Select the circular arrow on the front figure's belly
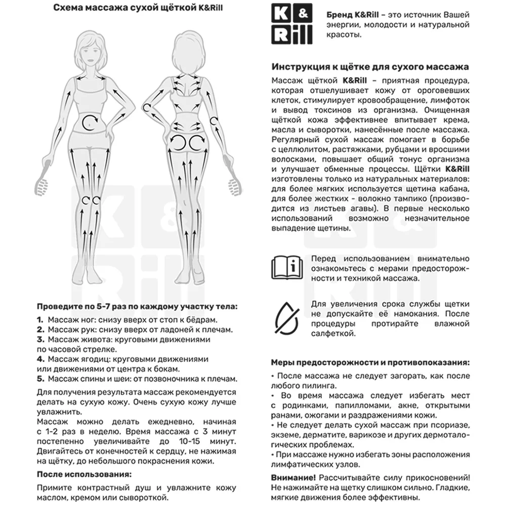pos(91,120)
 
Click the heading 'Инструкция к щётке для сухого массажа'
pos(370,67)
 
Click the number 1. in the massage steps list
pos(40,320)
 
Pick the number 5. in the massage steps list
pos(40,378)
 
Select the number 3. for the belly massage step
pos(40,339)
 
